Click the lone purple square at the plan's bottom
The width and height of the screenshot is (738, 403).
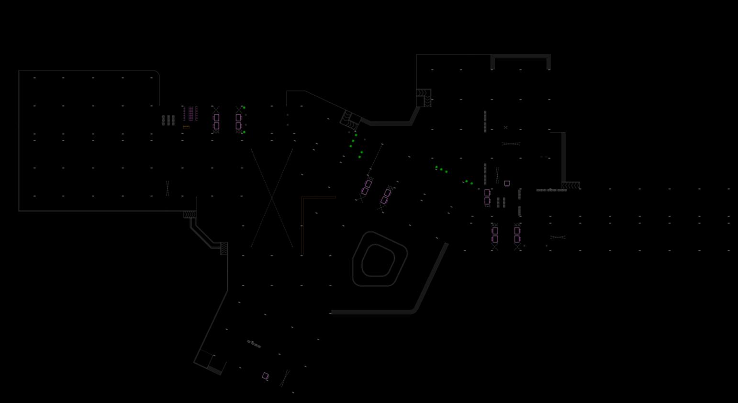click(x=265, y=376)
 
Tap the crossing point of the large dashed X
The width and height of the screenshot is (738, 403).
click(x=272, y=198)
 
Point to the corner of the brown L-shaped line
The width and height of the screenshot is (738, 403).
click(x=302, y=197)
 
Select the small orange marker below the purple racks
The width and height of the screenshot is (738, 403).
click(x=186, y=127)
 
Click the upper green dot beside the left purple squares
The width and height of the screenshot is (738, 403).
click(x=244, y=108)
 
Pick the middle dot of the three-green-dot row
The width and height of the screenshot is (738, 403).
click(x=441, y=169)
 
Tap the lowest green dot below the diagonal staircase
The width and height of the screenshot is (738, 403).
click(x=359, y=157)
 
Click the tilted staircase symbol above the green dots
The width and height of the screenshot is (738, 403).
click(x=350, y=120)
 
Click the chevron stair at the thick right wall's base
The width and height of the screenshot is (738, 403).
click(x=570, y=185)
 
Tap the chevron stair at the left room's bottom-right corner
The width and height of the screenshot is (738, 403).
click(x=190, y=214)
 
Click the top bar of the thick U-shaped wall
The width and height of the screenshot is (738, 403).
click(x=521, y=56)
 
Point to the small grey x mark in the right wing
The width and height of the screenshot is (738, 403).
click(x=505, y=127)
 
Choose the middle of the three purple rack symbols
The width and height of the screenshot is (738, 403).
click(x=190, y=113)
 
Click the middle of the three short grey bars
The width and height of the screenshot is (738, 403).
click(x=168, y=120)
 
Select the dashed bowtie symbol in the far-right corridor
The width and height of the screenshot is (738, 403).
click(x=558, y=237)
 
